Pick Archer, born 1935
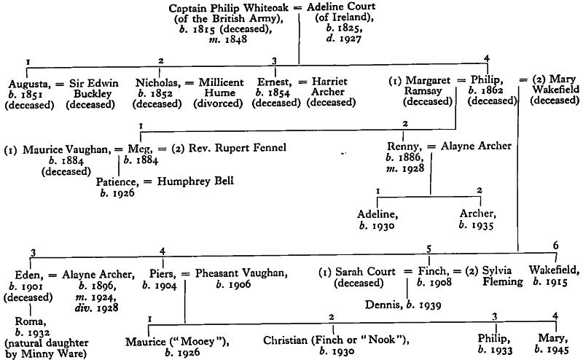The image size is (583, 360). (x=477, y=214)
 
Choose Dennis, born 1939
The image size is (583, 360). (x=383, y=298)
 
